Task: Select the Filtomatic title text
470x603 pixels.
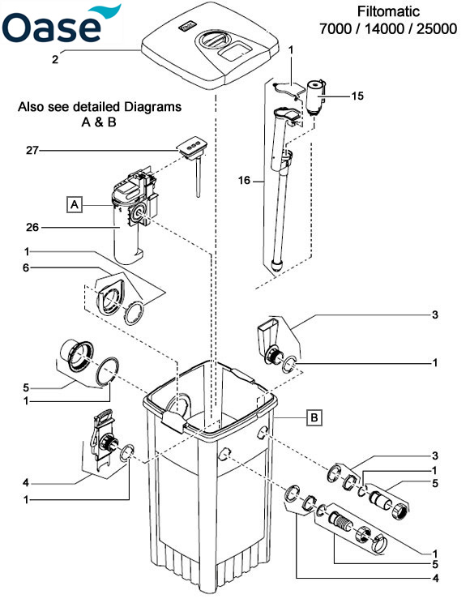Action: (388, 20)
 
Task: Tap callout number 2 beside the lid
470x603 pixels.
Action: (55, 60)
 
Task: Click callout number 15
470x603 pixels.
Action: (357, 96)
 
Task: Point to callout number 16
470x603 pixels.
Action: (244, 180)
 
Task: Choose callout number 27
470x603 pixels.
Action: (32, 150)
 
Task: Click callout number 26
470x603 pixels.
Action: (32, 227)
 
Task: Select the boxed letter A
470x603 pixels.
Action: (75, 204)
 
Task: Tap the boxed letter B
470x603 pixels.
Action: (314, 417)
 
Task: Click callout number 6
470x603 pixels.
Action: (26, 267)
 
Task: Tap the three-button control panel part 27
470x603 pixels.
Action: (192, 148)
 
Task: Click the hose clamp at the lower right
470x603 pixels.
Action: (379, 543)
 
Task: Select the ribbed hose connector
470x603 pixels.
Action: (341, 521)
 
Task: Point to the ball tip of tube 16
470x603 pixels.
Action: (277, 265)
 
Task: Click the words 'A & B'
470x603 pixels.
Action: (99, 122)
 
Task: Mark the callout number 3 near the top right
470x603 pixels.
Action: (435, 315)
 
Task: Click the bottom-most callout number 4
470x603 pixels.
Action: (435, 578)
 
